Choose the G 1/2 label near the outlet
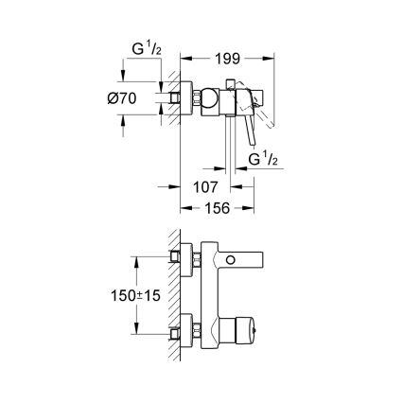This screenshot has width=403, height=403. (x=264, y=160)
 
